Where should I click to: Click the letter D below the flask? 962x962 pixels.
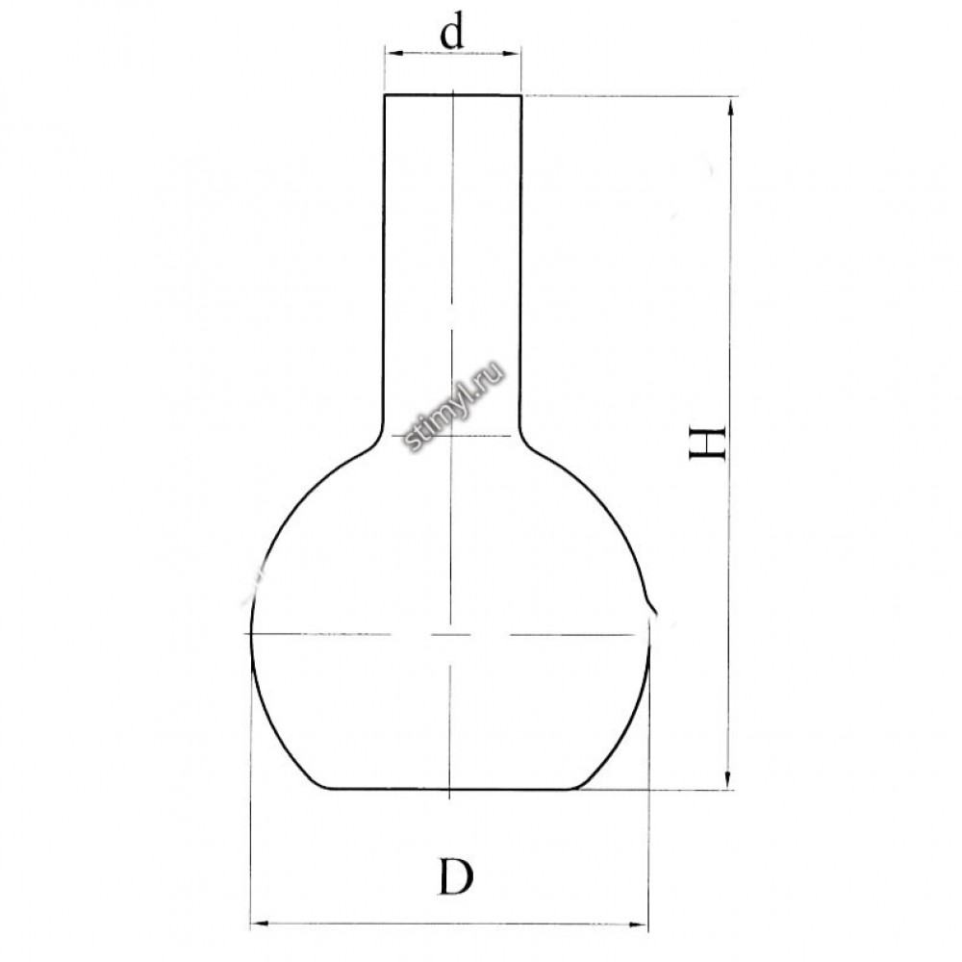(456, 876)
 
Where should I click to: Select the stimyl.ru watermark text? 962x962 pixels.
(455, 406)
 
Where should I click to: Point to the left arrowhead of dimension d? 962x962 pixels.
(393, 54)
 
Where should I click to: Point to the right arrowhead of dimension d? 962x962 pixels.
(513, 54)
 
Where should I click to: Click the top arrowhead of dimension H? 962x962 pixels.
(729, 108)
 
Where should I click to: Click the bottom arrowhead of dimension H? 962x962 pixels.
(728, 779)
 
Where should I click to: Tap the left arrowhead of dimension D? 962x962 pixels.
(261, 923)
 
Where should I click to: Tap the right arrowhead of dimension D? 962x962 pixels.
(640, 924)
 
